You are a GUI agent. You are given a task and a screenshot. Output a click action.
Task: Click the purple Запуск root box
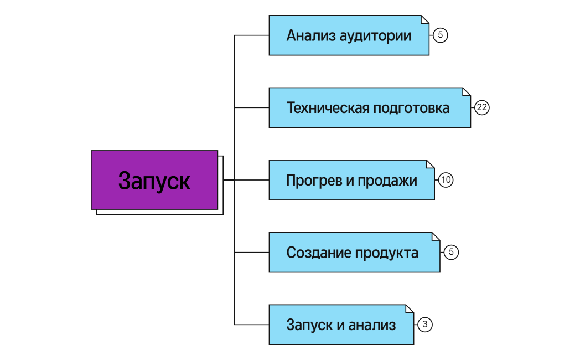point(154,180)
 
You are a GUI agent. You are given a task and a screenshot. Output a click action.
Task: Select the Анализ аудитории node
point(349,35)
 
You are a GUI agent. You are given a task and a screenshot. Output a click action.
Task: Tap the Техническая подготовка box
point(369,107)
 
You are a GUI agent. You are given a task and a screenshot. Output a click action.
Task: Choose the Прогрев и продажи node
point(351,180)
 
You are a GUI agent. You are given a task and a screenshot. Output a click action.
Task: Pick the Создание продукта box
point(354,253)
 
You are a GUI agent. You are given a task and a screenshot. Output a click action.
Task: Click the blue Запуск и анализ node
point(341,325)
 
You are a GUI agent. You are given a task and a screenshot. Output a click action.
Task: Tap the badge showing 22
point(482,107)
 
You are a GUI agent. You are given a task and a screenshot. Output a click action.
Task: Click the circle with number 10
point(446,180)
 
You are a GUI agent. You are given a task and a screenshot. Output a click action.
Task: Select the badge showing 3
point(424,325)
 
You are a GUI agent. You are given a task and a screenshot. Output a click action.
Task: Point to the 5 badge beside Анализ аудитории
point(440,35)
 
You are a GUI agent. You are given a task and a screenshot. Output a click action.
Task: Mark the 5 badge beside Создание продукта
point(451,253)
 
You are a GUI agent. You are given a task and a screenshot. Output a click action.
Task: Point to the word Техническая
point(327,108)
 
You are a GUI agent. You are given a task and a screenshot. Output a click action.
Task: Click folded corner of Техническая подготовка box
point(467,91)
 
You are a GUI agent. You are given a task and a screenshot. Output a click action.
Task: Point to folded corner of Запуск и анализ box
point(410,308)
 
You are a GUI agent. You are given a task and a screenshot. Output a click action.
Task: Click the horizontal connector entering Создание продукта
point(252,253)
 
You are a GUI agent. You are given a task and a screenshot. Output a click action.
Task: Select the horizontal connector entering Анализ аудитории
point(252,35)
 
